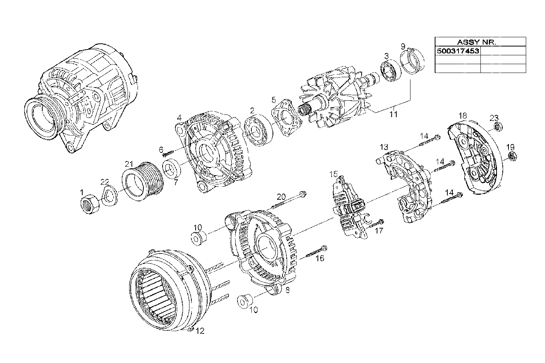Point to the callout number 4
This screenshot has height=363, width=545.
pyautogui.click(x=179, y=117)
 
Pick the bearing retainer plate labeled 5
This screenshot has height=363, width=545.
pyautogui.click(x=286, y=117)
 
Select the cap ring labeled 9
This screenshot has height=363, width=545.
pyautogui.click(x=412, y=61)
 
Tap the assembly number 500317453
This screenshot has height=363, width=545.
pyautogui.click(x=457, y=51)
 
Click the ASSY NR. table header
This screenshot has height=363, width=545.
pyautogui.click(x=480, y=42)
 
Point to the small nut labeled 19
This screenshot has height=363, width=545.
pyautogui.click(x=512, y=156)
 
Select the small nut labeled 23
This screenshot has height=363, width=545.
pyautogui.click(x=498, y=126)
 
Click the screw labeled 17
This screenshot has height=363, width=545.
pyautogui.click(x=376, y=224)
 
